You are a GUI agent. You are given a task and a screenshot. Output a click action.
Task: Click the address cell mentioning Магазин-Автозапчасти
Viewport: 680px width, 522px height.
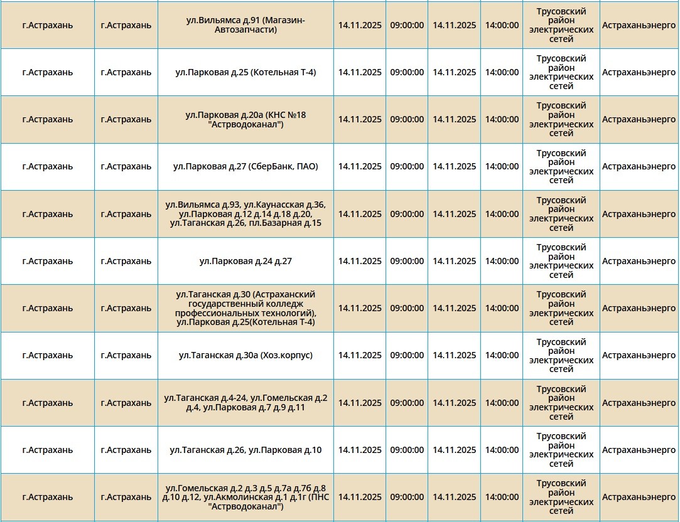[x=246, y=25]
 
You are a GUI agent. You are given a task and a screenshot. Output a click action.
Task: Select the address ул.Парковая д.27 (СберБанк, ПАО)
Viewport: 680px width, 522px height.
[x=246, y=167]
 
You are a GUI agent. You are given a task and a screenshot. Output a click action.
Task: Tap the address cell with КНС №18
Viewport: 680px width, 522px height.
[x=246, y=119]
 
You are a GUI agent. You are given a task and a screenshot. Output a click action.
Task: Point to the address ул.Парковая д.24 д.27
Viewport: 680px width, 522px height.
[x=246, y=261]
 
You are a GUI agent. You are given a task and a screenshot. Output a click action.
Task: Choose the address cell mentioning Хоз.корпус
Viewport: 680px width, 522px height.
[x=246, y=356]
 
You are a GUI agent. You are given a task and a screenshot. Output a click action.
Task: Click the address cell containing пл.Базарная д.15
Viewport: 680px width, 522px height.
[x=246, y=214]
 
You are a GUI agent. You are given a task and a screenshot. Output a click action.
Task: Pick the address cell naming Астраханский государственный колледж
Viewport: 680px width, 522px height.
[x=246, y=308]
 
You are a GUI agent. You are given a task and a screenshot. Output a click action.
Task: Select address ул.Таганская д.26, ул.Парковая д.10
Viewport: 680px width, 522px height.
[x=246, y=450]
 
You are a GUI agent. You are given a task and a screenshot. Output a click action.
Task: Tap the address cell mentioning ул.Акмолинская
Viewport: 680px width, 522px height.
[x=246, y=497]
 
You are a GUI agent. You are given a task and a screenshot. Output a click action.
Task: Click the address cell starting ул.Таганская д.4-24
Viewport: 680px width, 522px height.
[x=246, y=403]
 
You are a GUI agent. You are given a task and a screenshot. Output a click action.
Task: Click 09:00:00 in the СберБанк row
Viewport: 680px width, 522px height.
[x=407, y=167]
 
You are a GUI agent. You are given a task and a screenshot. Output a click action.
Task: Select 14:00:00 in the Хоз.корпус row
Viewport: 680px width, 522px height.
[x=502, y=356]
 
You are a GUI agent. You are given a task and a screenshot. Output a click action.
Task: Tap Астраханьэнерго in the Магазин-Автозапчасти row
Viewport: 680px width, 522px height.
[x=639, y=25]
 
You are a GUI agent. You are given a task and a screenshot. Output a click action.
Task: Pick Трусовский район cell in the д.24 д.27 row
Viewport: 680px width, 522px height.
[x=561, y=261]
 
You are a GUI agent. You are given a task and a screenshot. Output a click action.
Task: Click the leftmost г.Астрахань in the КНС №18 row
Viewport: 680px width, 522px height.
[x=48, y=119]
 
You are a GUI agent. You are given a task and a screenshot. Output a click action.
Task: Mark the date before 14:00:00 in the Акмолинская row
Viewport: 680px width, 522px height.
[x=454, y=497]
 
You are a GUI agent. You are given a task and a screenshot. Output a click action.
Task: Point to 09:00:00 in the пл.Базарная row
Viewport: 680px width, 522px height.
[x=407, y=214]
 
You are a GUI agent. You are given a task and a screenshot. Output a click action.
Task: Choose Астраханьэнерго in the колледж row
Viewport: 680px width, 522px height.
[x=639, y=308]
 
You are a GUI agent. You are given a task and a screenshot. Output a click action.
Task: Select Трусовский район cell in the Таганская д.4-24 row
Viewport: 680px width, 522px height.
[x=561, y=403]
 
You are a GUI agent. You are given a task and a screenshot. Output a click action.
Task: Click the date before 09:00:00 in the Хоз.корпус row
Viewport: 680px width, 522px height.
[x=360, y=356]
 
